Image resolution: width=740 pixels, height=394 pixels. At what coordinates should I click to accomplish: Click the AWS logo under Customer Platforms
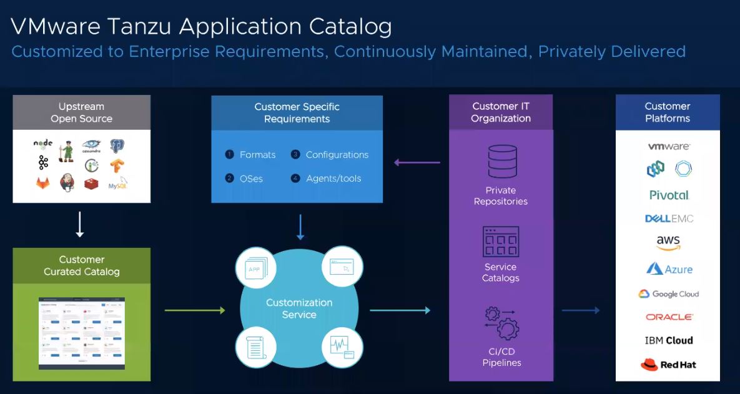tap(668, 243)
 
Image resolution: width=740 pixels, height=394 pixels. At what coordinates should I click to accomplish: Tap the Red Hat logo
tap(668, 365)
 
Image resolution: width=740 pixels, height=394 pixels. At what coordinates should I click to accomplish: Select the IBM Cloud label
tap(668, 340)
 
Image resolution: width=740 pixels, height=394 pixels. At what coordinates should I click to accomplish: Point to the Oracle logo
tap(669, 317)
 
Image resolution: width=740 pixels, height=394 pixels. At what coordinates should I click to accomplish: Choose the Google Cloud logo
tap(668, 294)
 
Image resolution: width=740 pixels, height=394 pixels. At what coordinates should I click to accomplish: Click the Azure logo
tap(669, 269)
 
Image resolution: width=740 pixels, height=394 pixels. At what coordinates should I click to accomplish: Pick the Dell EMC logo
tap(669, 219)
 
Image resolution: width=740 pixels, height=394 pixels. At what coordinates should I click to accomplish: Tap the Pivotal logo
tap(669, 195)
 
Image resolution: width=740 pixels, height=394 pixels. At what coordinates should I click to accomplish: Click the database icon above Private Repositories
tap(501, 161)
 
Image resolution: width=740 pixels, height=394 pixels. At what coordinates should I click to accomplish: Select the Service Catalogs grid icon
tap(501, 242)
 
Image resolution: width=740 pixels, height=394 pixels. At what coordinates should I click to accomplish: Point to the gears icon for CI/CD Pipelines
tap(501, 322)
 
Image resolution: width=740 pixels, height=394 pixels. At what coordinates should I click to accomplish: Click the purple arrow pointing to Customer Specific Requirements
tap(417, 163)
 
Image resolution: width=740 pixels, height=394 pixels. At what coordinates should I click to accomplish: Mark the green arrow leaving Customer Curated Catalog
tap(194, 310)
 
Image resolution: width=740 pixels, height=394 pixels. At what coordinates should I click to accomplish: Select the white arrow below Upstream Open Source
tap(80, 225)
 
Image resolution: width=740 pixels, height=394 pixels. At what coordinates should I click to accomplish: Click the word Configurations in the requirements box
tap(337, 155)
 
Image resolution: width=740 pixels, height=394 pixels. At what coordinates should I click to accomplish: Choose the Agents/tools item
tap(333, 179)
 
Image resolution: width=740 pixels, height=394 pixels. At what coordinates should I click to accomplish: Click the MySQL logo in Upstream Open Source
tap(117, 184)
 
